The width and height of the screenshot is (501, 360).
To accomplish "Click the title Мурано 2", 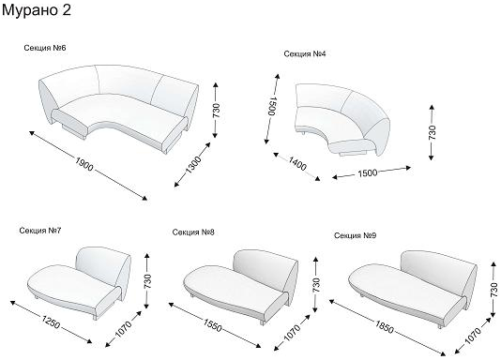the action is (36, 10).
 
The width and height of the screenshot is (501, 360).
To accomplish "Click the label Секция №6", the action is (45, 48).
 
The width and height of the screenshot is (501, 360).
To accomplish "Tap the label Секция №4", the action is (305, 53).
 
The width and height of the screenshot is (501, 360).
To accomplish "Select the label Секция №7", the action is (40, 231).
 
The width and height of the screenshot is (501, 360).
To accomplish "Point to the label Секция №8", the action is (193, 232).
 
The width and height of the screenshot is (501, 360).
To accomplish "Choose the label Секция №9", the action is (355, 235).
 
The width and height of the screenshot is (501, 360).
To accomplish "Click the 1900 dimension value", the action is (84, 164).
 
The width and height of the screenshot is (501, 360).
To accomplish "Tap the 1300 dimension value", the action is (193, 165).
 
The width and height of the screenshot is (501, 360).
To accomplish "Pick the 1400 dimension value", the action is (297, 163).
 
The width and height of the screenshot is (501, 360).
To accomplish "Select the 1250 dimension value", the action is (51, 322).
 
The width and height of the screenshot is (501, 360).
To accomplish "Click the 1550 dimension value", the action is (212, 325).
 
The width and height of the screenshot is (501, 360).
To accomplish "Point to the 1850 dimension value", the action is (385, 327).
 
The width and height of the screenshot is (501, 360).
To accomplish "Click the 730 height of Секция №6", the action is (217, 111).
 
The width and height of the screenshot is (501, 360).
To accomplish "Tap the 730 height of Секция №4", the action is (432, 132).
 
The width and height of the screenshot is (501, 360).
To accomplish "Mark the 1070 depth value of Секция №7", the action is (123, 329).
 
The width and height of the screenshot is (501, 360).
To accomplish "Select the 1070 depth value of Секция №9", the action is (473, 336).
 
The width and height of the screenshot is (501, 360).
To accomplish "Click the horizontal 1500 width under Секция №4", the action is (368, 173).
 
